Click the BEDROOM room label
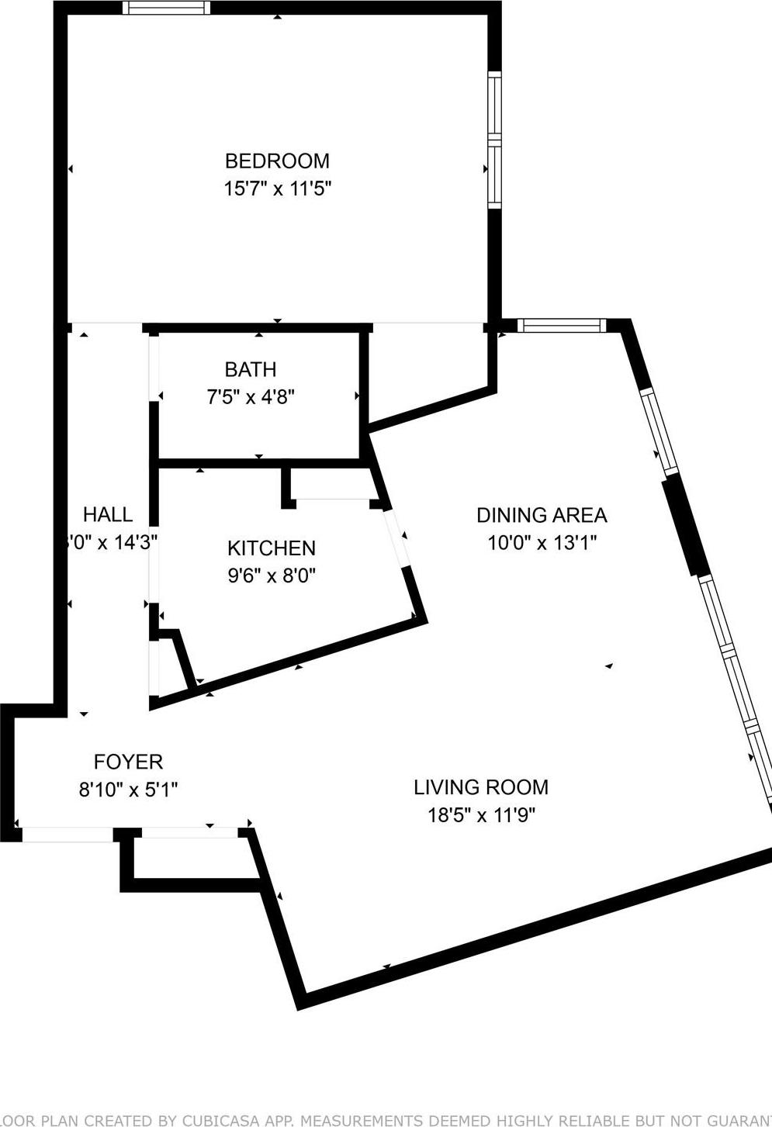(x=277, y=161)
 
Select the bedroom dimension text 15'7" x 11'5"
(x=278, y=188)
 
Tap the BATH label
(x=251, y=369)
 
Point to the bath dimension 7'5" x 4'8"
(x=251, y=397)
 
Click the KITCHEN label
(x=272, y=548)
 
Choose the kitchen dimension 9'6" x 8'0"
(x=272, y=576)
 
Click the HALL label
(x=108, y=514)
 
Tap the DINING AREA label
(x=542, y=515)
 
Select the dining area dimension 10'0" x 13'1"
(x=542, y=542)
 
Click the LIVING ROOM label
(x=481, y=787)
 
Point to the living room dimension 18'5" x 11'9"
(x=481, y=815)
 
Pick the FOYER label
(x=129, y=762)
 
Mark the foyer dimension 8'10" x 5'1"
(x=129, y=790)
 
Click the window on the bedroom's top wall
(x=166, y=8)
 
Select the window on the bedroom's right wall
(x=494, y=140)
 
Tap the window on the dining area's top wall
(x=561, y=325)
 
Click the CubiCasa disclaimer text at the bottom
(x=386, y=1120)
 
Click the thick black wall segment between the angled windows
(x=685, y=525)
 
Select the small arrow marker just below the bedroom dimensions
(x=278, y=321)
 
